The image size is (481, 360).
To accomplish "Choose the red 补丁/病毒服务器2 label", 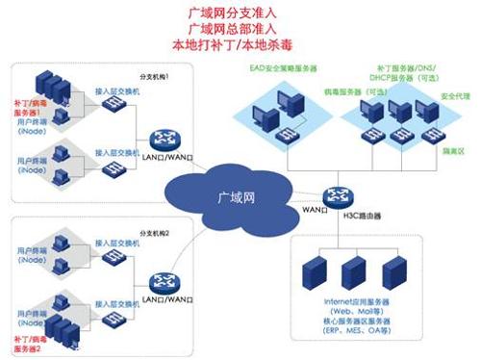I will tap(29, 344).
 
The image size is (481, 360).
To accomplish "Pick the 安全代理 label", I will tap(455, 97).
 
